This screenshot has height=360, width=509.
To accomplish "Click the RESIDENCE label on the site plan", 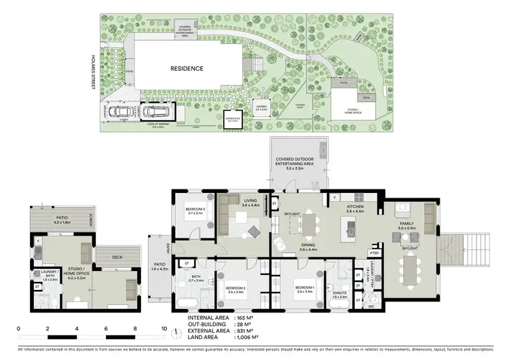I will point(186,69).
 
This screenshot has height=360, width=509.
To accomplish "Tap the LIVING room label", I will point(250,202).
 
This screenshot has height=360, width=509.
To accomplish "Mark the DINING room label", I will point(309,247).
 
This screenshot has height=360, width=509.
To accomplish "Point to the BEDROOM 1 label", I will point(304,289).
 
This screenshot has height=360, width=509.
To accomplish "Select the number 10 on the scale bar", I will point(163,329).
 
